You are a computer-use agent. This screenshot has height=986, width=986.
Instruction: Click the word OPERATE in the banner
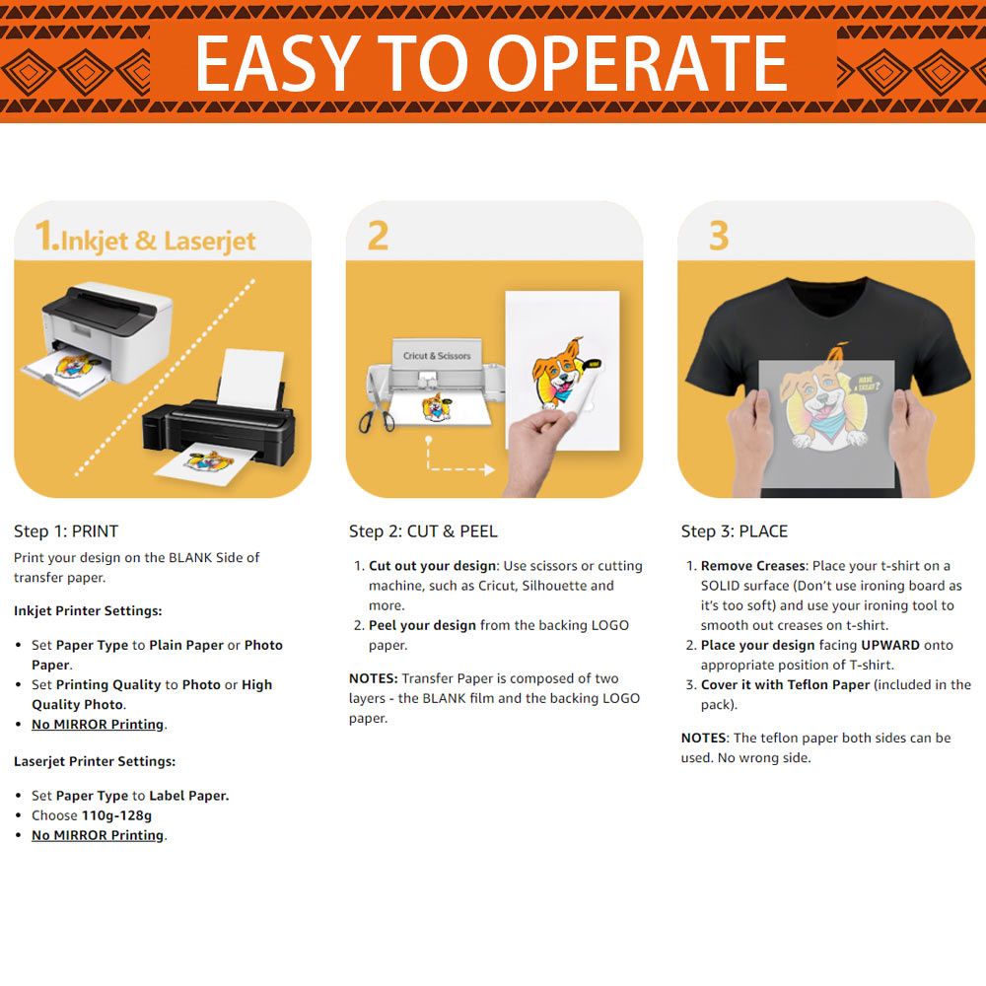point(637,63)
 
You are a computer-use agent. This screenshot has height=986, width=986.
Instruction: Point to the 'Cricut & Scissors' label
point(437,356)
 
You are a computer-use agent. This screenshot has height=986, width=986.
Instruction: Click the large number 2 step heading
point(378,236)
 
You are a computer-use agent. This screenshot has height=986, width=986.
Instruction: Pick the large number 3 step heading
point(719,236)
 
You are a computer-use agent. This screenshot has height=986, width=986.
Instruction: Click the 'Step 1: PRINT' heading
point(66,531)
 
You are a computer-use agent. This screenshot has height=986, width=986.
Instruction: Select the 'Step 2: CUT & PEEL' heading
point(423,531)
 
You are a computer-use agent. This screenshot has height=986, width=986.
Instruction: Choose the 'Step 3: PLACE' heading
point(735,531)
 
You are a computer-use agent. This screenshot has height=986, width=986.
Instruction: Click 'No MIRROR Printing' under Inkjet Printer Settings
point(98,725)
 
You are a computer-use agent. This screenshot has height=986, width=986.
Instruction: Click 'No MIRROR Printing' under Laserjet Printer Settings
point(98,835)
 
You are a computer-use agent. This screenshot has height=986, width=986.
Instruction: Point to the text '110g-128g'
point(117,815)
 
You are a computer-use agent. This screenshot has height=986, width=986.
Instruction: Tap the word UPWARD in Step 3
point(890,645)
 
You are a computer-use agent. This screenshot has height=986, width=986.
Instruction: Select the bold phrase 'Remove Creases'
point(752,566)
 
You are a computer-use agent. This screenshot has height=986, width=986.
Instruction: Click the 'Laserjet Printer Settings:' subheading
point(95,761)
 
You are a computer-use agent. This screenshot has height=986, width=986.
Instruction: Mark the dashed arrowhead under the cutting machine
point(488,469)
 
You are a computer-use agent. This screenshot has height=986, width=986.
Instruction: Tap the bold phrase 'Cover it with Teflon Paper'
point(786,685)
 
